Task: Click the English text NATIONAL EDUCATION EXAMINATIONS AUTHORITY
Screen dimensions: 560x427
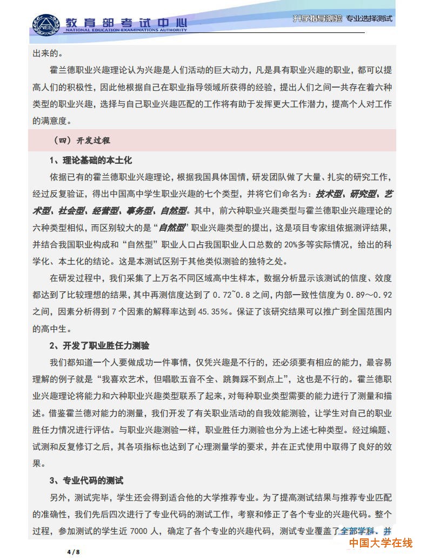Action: point(126,30)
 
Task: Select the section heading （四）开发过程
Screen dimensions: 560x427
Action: point(82,140)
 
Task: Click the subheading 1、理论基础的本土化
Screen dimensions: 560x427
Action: point(90,161)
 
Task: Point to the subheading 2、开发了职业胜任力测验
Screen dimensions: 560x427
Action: point(99,345)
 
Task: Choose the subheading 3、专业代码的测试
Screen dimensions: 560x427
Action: point(86,480)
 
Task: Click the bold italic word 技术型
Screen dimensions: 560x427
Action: point(329,194)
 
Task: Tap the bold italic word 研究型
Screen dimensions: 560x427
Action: point(362,194)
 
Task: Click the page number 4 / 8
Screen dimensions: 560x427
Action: point(73,552)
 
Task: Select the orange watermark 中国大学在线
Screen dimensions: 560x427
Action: point(380,542)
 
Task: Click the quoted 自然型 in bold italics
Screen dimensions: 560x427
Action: point(172,228)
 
